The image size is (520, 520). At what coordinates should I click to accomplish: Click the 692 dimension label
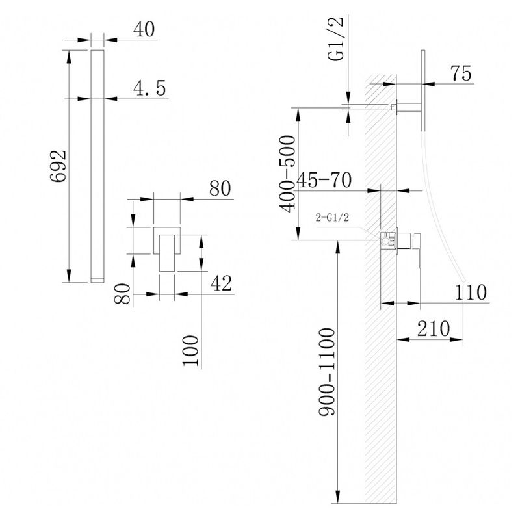click(58, 166)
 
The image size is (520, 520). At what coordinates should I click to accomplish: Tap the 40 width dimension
click(144, 29)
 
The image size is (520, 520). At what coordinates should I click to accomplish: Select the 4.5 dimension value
click(149, 88)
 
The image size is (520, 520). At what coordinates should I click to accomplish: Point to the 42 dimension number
click(221, 283)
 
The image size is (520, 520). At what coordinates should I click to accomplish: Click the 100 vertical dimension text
click(191, 350)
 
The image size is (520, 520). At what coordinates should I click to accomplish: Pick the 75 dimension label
click(461, 73)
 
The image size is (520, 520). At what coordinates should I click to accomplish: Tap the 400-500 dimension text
click(287, 174)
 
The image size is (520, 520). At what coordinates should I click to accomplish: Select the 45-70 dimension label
click(324, 181)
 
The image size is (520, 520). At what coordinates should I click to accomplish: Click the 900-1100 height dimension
click(327, 372)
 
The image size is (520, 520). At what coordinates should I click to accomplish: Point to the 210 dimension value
click(434, 329)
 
